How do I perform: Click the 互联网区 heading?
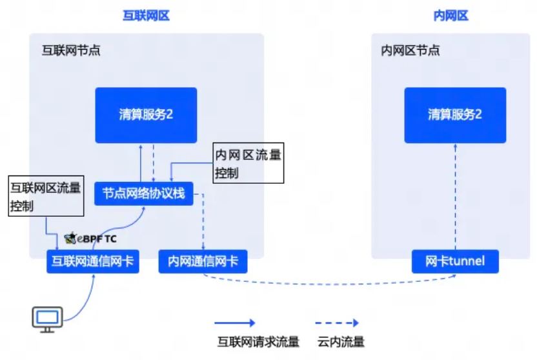click(x=147, y=15)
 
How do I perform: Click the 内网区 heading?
click(x=451, y=15)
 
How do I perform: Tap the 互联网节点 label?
click(x=71, y=50)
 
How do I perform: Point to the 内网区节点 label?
click(x=410, y=50)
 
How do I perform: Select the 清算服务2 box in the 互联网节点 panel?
click(x=146, y=115)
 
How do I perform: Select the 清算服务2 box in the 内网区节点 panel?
click(x=455, y=115)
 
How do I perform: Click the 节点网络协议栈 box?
click(x=144, y=194)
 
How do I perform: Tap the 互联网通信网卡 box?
click(x=93, y=261)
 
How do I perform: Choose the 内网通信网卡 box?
click(x=203, y=261)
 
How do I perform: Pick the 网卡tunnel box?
click(x=455, y=261)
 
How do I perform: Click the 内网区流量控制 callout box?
click(x=248, y=163)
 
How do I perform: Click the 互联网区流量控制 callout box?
click(x=46, y=196)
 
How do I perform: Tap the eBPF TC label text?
click(x=97, y=239)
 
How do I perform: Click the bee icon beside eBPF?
click(x=70, y=238)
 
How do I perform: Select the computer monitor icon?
click(x=47, y=319)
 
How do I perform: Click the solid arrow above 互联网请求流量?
click(x=235, y=323)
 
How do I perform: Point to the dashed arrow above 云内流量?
click(x=337, y=323)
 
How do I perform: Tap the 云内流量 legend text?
click(x=341, y=341)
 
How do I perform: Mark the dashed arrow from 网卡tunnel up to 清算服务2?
click(x=455, y=197)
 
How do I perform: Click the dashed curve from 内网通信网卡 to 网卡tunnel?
click(x=329, y=284)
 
